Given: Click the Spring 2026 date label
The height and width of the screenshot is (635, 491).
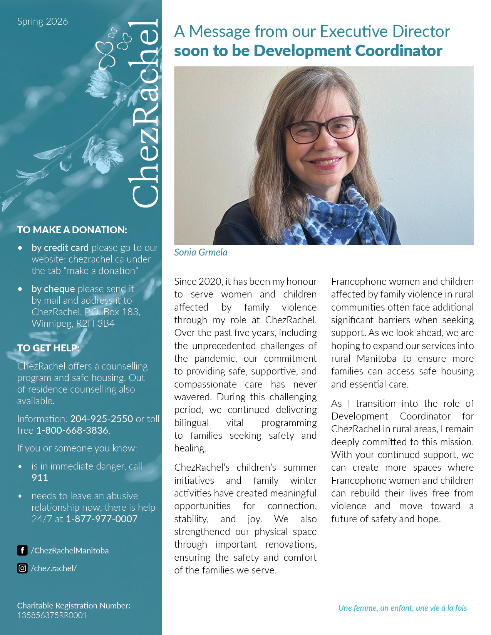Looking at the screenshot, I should click(x=42, y=22).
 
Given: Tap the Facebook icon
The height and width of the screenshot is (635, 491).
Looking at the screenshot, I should click(x=22, y=550).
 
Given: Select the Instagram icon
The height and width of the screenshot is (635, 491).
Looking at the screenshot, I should click(x=22, y=568).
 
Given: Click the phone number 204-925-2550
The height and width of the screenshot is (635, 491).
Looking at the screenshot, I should click(x=101, y=419).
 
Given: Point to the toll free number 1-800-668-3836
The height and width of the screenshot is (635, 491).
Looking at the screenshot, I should click(x=72, y=430).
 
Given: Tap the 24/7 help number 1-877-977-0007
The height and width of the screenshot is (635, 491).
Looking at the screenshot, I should click(x=101, y=519).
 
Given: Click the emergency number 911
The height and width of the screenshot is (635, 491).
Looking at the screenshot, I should click(x=40, y=478).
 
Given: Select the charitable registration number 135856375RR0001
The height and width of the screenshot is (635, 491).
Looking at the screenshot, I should click(x=52, y=615).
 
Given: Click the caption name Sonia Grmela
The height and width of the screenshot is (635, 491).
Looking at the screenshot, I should click(x=201, y=252).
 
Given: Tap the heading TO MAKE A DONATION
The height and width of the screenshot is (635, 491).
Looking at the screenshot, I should click(x=72, y=230).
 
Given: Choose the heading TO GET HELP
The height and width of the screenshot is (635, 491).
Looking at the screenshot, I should click(x=48, y=348).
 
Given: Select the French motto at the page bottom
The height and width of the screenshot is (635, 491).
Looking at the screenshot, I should click(x=402, y=608).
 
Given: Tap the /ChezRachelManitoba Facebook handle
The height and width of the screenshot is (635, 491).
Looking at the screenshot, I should click(x=70, y=550).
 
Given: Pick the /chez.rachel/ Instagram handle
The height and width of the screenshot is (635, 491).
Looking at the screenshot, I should click(x=54, y=568).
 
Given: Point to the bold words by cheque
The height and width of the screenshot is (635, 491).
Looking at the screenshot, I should click(x=53, y=289).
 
